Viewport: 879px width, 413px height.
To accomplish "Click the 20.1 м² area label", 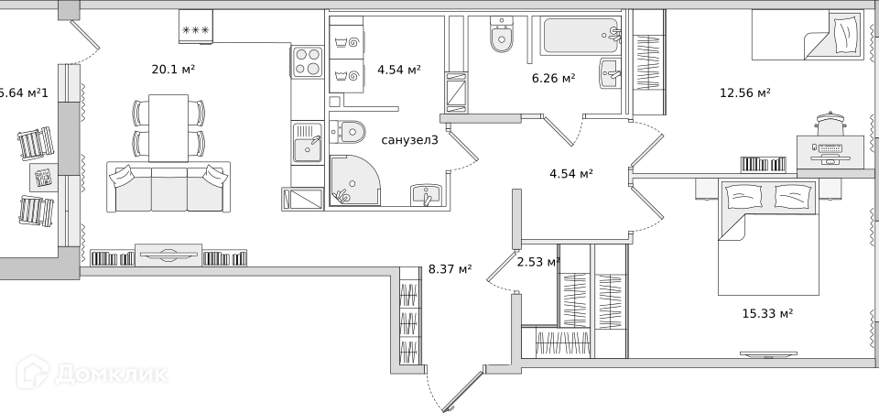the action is [x=173, y=70].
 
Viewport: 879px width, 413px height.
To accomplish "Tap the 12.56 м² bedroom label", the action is [x=745, y=92].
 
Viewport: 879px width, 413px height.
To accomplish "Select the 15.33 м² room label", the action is [x=767, y=313].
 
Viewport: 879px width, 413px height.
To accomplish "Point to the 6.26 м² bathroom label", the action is [x=553, y=78].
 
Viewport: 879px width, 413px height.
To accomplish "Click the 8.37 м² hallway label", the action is [x=450, y=269].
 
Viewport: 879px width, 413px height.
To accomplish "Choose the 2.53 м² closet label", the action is [x=538, y=262].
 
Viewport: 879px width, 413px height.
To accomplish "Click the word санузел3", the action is [x=410, y=140].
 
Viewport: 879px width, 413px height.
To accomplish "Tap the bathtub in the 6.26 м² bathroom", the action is [x=581, y=36].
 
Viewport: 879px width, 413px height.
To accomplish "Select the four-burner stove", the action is [x=308, y=61].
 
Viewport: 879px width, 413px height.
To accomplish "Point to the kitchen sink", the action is [x=308, y=144].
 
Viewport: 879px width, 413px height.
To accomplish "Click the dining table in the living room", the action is [x=168, y=128].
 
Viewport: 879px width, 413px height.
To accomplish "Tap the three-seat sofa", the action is [x=168, y=187].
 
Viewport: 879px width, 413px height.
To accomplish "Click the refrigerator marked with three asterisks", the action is [x=196, y=27].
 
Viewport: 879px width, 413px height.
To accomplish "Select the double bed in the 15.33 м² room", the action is [x=768, y=237].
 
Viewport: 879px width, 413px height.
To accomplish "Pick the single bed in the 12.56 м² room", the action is [x=810, y=37].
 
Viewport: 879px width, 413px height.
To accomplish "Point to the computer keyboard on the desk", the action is [x=830, y=149].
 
